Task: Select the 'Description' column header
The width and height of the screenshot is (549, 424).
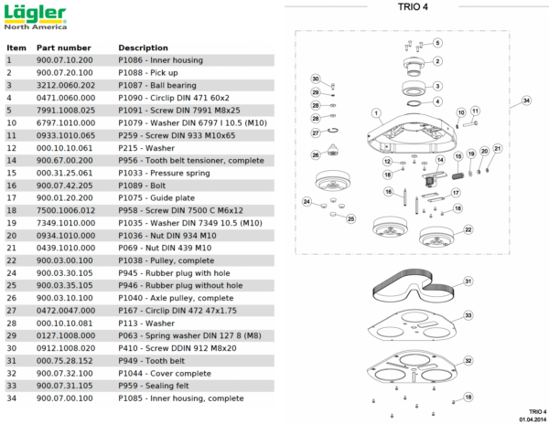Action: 143,48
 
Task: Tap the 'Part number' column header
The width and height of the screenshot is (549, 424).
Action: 63,48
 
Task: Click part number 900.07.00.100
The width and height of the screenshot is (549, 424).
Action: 65,398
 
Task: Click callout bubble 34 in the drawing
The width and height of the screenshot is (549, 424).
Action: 526,100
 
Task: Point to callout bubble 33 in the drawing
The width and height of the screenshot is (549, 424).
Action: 468,314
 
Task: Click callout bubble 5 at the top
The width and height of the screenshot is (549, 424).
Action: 437,43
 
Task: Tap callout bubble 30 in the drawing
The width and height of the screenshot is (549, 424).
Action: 315,79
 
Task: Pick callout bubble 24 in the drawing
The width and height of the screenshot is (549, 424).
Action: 307,202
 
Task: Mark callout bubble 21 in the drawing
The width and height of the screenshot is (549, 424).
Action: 498,148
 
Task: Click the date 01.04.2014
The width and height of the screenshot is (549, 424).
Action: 526,419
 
